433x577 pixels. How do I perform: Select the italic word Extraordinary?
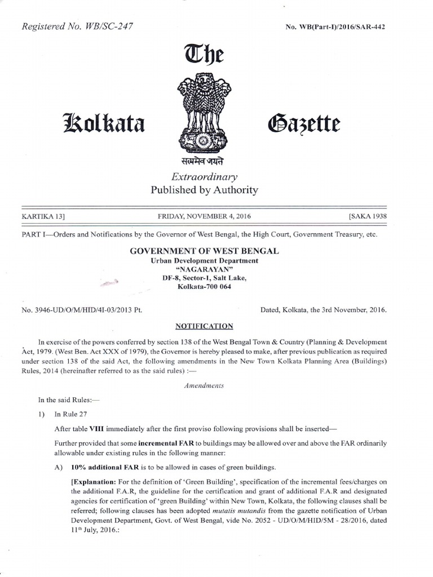[204, 176]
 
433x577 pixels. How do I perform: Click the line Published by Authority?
[204, 190]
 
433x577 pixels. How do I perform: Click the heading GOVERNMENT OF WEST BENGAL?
[204, 251]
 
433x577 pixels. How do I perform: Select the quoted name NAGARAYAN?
[204, 269]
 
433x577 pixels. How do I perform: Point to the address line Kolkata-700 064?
[204, 287]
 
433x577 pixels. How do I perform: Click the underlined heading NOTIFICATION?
[204, 326]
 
